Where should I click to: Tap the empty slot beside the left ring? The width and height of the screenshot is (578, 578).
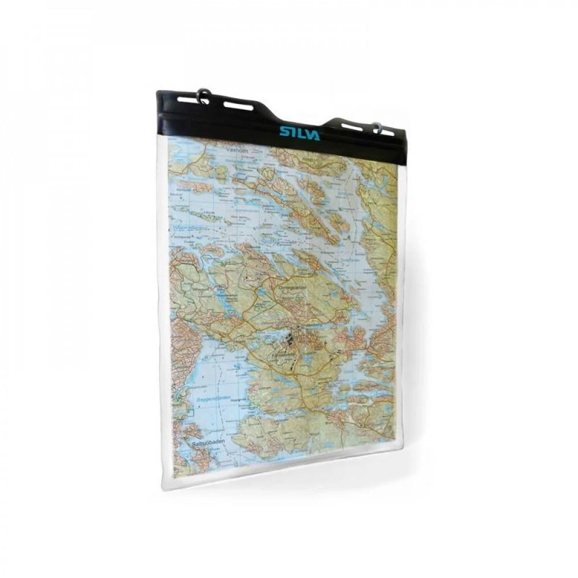point(238,106)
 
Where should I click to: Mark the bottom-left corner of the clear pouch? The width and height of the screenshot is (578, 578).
point(164,486)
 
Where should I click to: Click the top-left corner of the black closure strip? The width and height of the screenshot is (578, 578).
point(157,91)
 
